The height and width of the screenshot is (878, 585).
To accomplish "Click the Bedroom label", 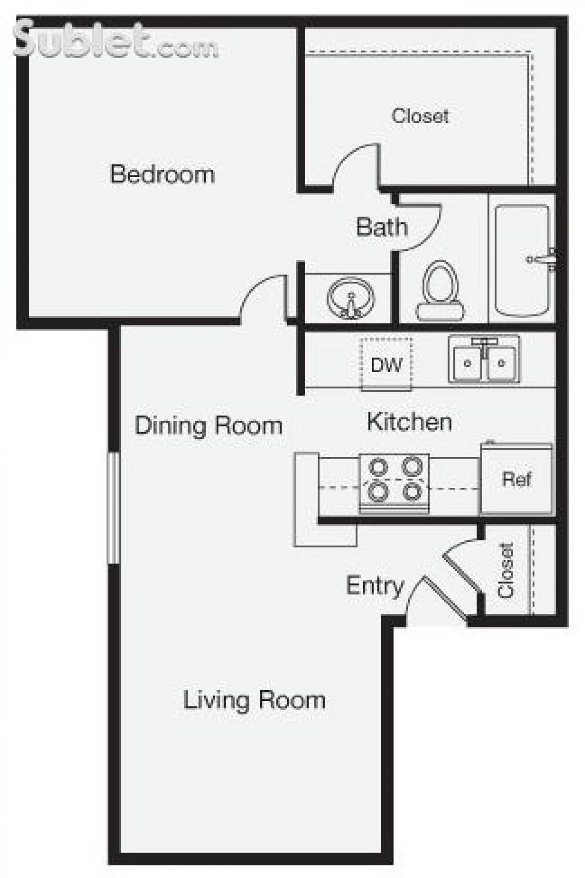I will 162,174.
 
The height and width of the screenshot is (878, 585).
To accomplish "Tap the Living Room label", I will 254,700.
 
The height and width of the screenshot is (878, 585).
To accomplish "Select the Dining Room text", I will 208,425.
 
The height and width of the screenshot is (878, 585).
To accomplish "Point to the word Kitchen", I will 409,421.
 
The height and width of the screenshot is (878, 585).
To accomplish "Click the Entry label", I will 374,585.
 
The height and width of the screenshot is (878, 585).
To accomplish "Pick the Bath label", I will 382,227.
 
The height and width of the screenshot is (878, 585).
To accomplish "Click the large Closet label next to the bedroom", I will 420,116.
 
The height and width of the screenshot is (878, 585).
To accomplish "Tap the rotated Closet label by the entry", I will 506,570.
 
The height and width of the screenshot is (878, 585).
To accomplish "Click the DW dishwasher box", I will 386,364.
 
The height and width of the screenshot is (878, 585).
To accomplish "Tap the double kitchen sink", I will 484,359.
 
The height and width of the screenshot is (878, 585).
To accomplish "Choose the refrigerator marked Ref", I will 517,479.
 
